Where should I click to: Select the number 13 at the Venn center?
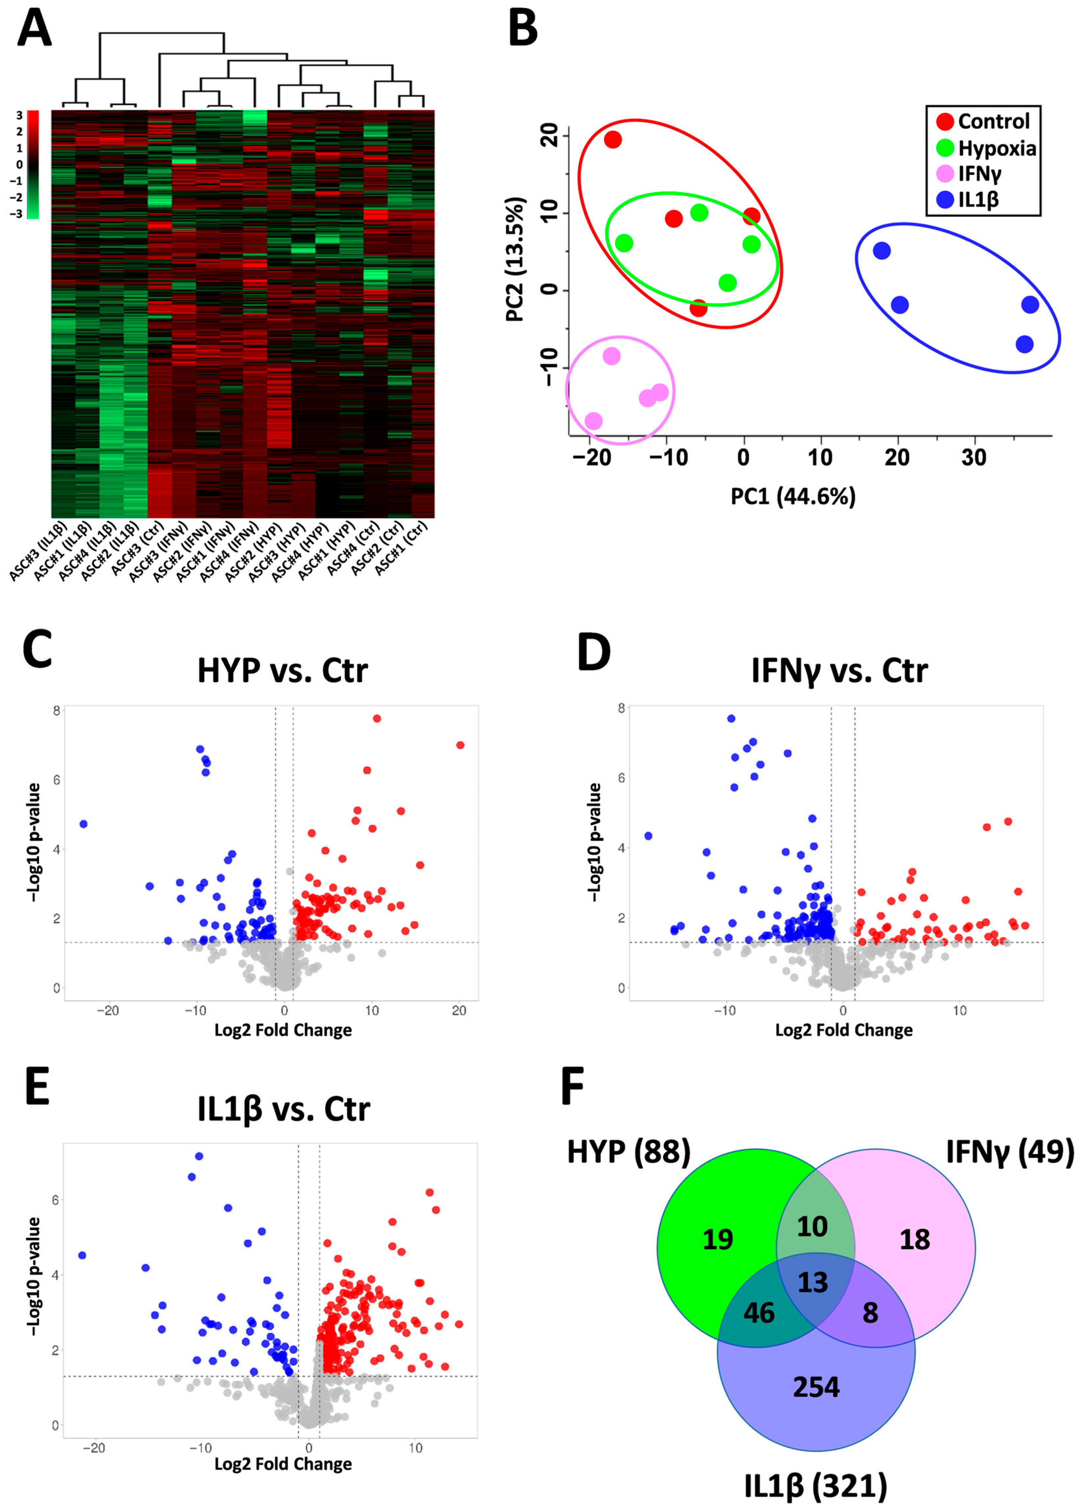[813, 1282]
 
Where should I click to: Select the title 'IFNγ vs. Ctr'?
[839, 670]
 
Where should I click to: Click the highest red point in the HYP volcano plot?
[377, 718]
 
